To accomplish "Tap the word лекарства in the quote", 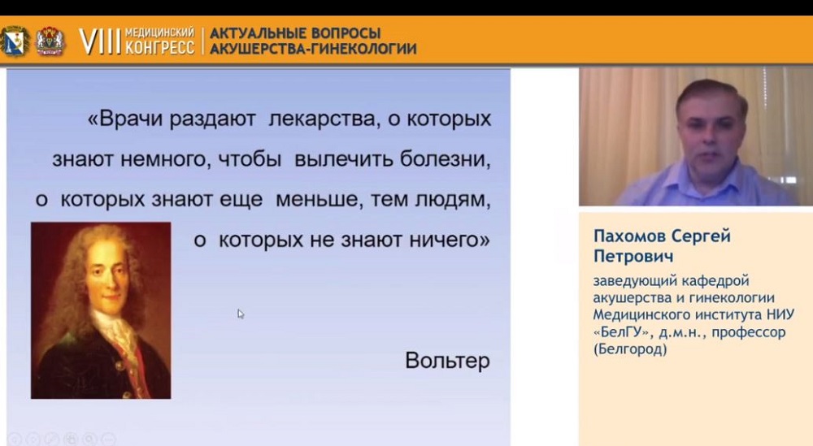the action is point(322,119).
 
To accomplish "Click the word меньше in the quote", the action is point(316,199).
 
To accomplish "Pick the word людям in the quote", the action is point(453,200).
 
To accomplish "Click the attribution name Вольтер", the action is point(447,361).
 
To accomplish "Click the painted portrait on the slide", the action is point(101,310).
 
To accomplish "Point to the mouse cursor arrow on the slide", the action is point(241,314).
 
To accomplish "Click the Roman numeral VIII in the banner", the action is point(99,41).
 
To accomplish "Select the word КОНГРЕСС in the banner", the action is point(159,48).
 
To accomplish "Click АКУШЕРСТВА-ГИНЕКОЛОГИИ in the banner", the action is point(313,49).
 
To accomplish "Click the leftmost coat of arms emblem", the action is point(15,41).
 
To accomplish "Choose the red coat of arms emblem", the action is point(50,41).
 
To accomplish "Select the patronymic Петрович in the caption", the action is point(633,257).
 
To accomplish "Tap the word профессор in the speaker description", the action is point(749,332).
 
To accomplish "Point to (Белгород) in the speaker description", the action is point(631,349).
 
